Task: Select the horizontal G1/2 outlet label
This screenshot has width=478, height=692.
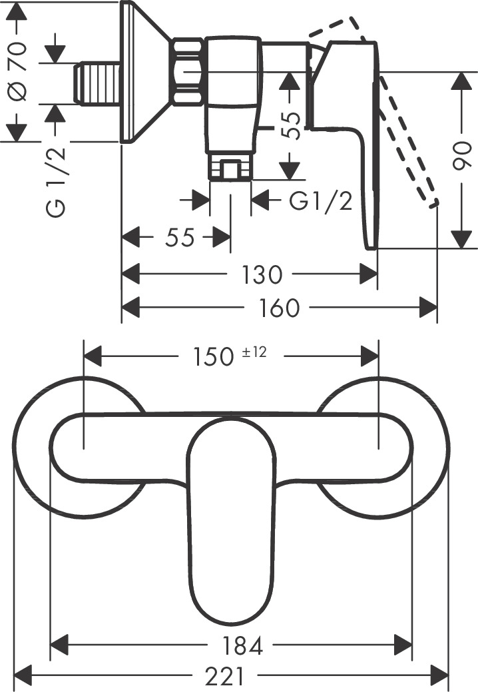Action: [x=321, y=200]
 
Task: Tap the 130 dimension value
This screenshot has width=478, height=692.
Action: [x=263, y=274]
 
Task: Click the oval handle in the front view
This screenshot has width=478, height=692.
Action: [x=230, y=519]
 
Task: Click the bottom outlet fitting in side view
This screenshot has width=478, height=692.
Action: [x=230, y=168]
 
